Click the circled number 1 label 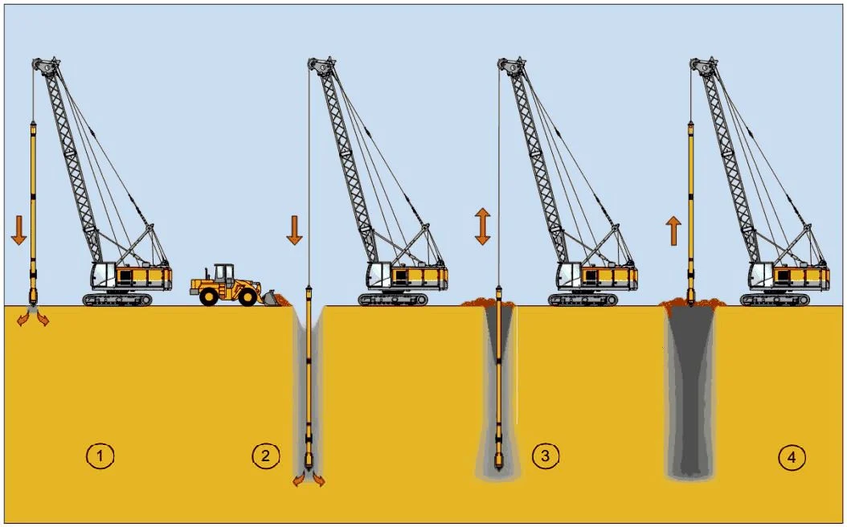coord(100,457)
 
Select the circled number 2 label coord(265,457)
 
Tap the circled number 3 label coord(546,457)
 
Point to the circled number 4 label coord(791,457)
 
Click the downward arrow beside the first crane coord(19,228)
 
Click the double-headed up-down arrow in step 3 coord(482,226)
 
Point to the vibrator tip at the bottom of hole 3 coord(499,462)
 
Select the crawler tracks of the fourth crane coord(775,300)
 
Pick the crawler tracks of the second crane coord(392,300)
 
